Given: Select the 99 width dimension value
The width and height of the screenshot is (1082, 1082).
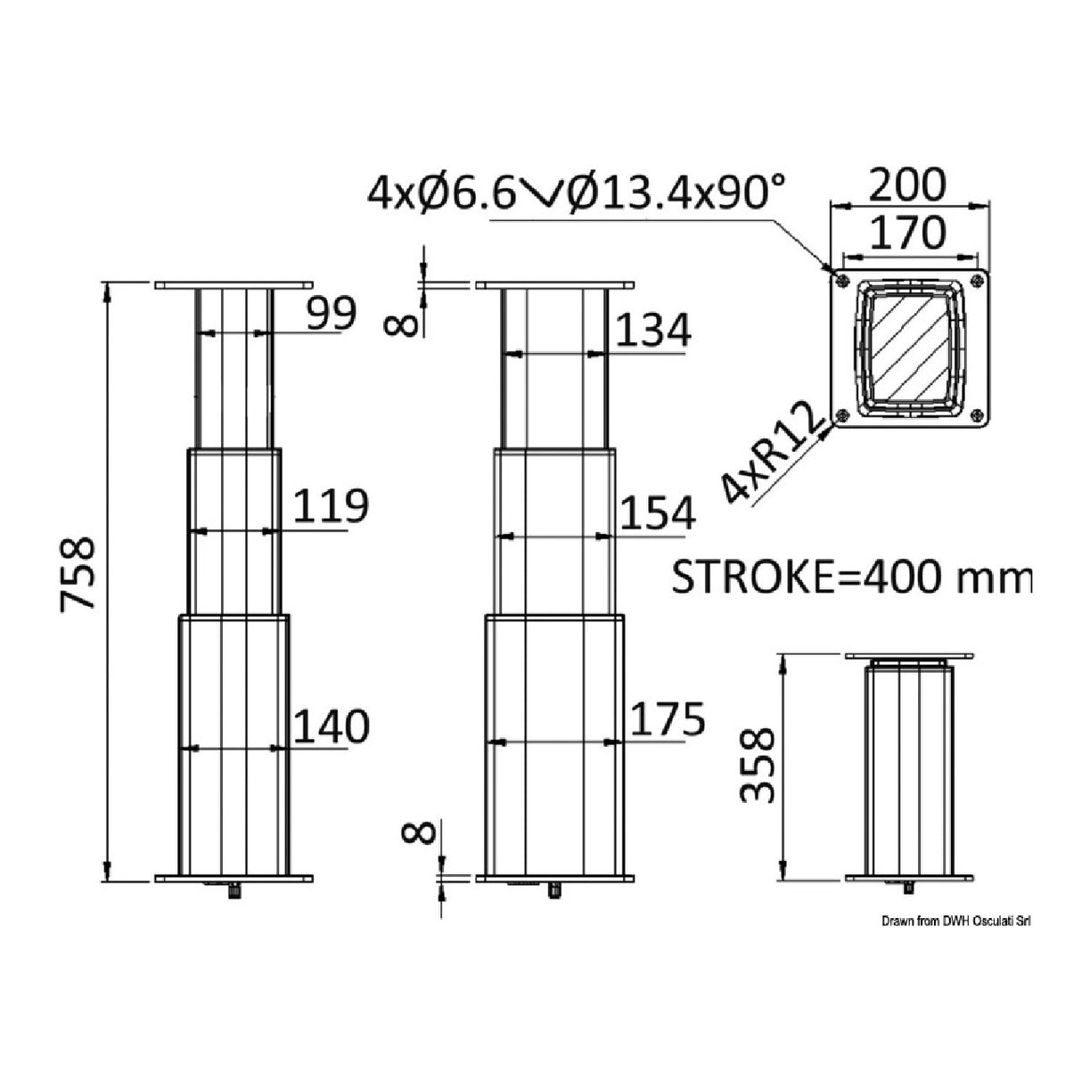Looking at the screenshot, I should (x=332, y=314).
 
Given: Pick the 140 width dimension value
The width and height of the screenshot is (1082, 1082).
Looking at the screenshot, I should (x=330, y=726).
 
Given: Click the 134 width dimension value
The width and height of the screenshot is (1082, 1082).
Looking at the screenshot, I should (x=653, y=332).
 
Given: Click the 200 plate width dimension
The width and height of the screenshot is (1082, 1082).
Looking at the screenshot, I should (x=906, y=185).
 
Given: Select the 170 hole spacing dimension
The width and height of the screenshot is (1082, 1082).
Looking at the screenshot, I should (x=906, y=233).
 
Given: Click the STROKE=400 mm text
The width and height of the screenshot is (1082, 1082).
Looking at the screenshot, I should (x=850, y=578).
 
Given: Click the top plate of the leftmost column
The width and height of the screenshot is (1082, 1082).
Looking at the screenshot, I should (x=233, y=285).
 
